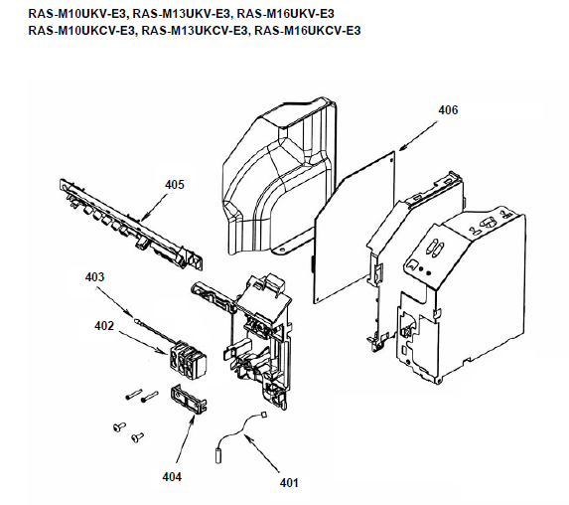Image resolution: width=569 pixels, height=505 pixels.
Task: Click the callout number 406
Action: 448,109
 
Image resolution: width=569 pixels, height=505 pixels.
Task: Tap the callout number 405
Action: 175,185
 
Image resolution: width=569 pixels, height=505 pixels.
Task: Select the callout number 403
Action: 94,277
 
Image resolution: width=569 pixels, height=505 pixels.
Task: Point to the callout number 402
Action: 104,326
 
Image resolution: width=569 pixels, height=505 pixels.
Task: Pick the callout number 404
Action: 172,476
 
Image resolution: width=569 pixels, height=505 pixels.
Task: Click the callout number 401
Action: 289,483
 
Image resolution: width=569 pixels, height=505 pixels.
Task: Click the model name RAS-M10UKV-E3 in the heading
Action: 78,14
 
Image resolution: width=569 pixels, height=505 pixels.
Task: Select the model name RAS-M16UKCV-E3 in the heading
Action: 308,31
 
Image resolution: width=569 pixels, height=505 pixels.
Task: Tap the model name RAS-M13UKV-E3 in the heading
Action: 182,14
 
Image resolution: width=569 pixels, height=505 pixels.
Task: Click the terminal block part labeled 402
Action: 188,360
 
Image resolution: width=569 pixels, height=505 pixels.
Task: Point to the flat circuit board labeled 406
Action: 354,227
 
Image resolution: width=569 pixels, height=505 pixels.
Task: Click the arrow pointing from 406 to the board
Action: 418,135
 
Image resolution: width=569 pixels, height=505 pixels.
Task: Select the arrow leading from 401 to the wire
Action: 262,453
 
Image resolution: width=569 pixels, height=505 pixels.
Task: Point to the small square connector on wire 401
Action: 264,415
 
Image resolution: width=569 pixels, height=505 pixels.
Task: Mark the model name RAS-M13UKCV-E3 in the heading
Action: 195,31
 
